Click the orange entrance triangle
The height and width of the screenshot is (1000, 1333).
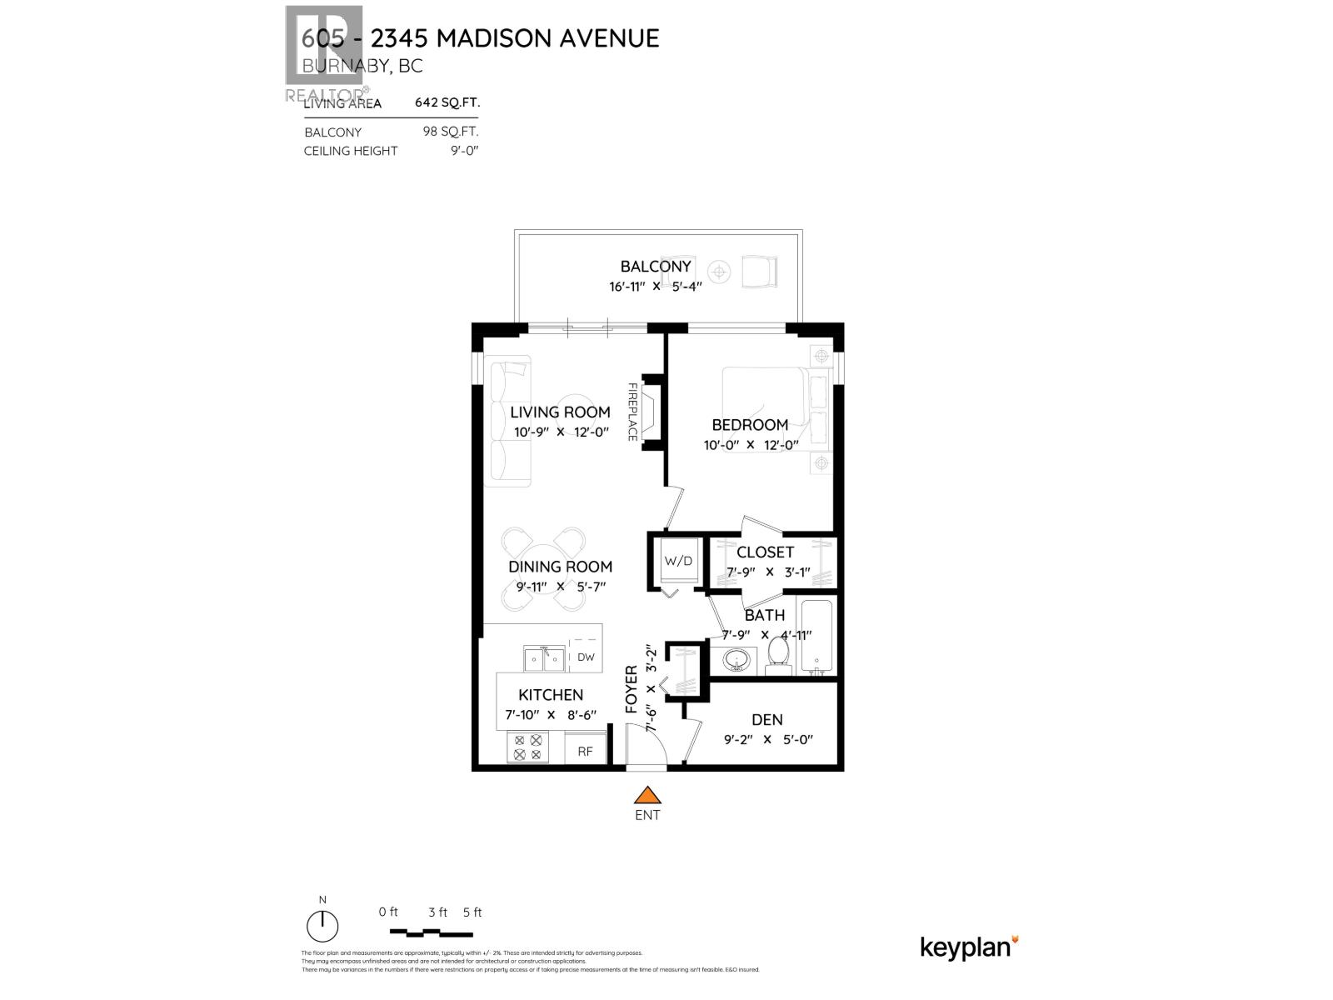pos(647,795)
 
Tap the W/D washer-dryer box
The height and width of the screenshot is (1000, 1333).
pos(677,561)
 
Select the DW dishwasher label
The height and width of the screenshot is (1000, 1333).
pos(586,657)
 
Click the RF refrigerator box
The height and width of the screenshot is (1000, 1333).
pos(585,751)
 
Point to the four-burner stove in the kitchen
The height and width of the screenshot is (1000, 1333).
pos(527,747)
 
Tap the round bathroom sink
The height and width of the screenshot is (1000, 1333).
pos(736,662)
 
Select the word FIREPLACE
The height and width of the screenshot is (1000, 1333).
pos(632,412)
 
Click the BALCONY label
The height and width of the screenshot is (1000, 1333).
pos(656,267)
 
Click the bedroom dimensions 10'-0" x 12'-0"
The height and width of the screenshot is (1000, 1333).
pos(751,445)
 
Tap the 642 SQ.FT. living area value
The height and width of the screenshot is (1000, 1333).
pos(447,102)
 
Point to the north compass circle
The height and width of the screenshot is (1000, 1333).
pos(322,926)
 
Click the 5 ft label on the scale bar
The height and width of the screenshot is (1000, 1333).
pos(472,912)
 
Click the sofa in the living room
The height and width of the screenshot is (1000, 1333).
pos(509,421)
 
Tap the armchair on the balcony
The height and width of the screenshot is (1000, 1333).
pos(759,271)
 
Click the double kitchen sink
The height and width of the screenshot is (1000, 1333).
pos(543,659)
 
